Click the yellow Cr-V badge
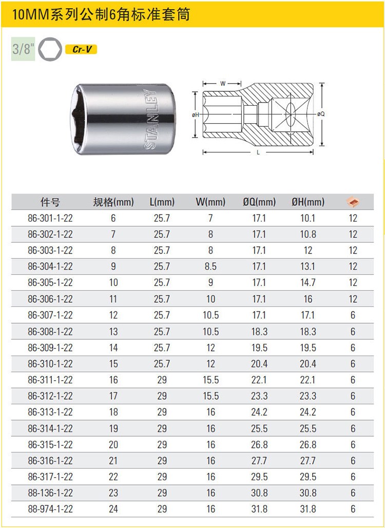[x=81, y=49]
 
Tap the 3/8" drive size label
[x=23, y=49]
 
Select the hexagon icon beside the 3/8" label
[x=50, y=49]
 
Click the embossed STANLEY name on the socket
[x=150, y=119]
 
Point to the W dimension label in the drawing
[x=223, y=84]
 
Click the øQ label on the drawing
[x=321, y=114]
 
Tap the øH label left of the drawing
[x=196, y=115]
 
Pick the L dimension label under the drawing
[x=258, y=152]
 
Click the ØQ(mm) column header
[x=259, y=202]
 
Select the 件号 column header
[x=50, y=202]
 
